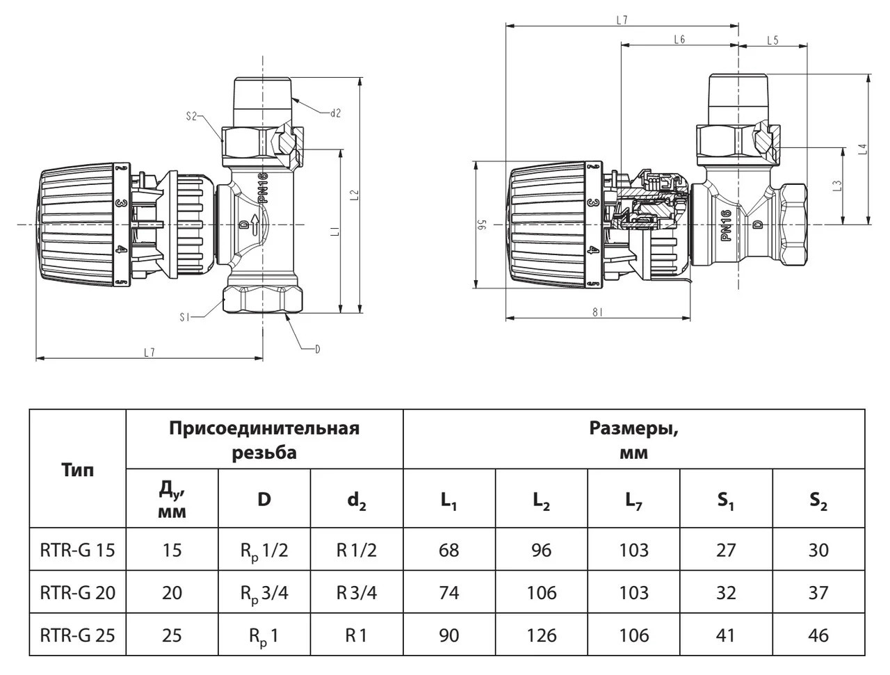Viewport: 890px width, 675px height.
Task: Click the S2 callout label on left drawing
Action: pyautogui.click(x=191, y=116)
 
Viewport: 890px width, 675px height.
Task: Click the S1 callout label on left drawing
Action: pyautogui.click(x=185, y=318)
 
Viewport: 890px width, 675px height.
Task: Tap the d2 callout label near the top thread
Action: pyautogui.click(x=335, y=113)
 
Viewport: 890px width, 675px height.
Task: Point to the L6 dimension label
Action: pyautogui.click(x=679, y=40)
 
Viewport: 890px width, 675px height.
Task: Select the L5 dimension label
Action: pyautogui.click(x=772, y=40)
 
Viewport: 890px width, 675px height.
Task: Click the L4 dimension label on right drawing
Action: pyautogui.click(x=864, y=149)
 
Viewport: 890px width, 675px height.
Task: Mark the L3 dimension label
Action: pyautogui.click(x=837, y=186)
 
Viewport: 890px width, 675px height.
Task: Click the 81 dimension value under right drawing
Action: pyautogui.click(x=597, y=311)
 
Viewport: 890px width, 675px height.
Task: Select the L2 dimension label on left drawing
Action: pyautogui.click(x=355, y=195)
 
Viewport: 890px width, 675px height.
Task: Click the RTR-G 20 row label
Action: pyautogui.click(x=77, y=593)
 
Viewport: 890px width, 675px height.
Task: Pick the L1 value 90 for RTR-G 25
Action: pyautogui.click(x=449, y=635)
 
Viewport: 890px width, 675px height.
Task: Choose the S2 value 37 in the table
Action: pyautogui.click(x=818, y=593)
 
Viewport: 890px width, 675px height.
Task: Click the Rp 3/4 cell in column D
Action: pyautogui.click(x=264, y=594)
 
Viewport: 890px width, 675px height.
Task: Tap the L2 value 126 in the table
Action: pyautogui.click(x=541, y=635)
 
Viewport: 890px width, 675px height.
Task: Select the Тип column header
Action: pyautogui.click(x=77, y=470)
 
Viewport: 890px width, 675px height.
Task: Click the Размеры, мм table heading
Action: pyautogui.click(x=633, y=440)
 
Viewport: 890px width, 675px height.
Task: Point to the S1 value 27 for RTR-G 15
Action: pyautogui.click(x=726, y=550)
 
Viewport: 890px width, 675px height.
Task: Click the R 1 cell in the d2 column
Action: pyautogui.click(x=357, y=635)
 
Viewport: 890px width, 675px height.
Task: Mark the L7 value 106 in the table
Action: pyautogui.click(x=633, y=635)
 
